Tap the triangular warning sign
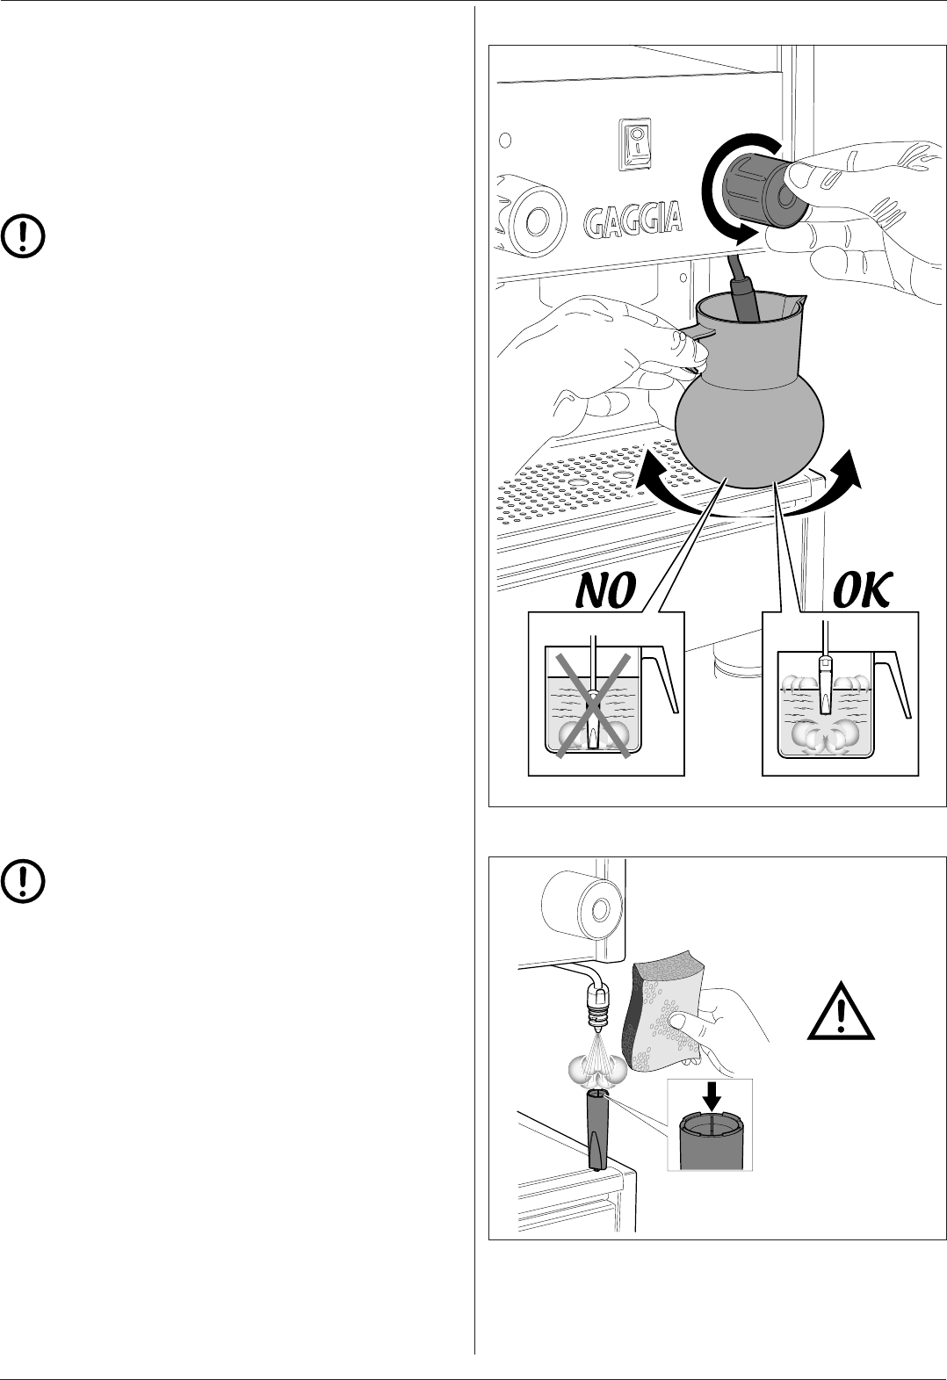pyautogui.click(x=841, y=1012)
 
